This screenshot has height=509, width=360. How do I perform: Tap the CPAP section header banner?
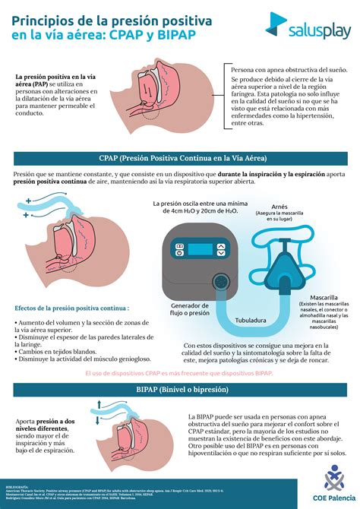[180, 157]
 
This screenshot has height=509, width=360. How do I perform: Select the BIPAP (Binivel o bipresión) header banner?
[180, 390]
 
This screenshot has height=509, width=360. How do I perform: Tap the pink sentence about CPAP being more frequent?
[179, 374]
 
